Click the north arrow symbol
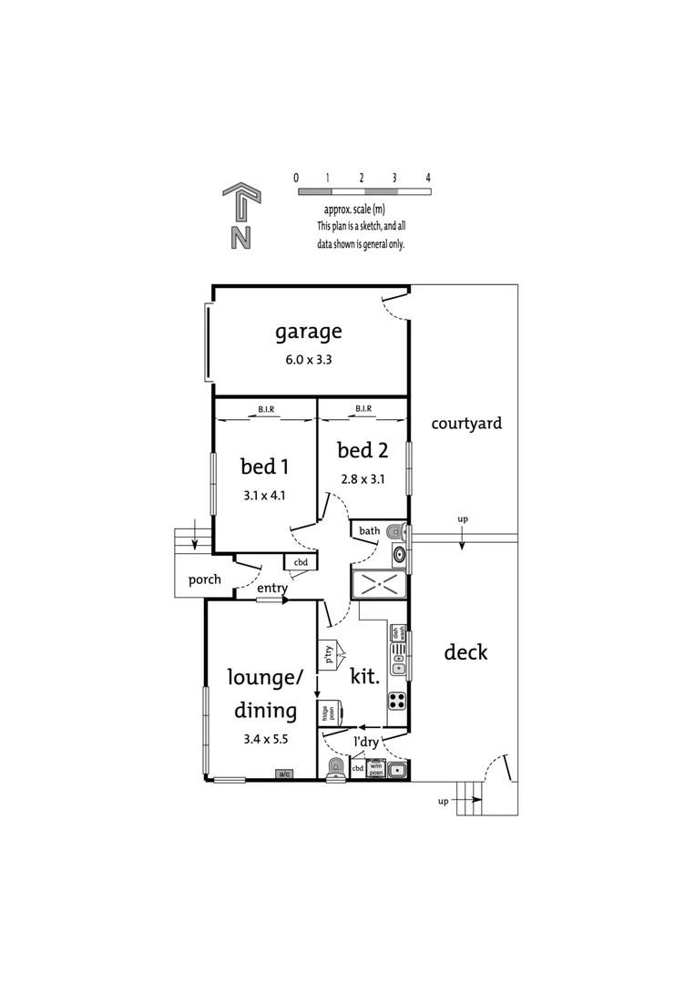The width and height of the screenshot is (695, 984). click(x=240, y=216)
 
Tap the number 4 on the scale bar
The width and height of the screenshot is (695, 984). click(x=427, y=178)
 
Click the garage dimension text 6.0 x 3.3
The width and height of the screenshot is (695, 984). click(x=309, y=360)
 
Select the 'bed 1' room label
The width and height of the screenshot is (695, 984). click(x=264, y=466)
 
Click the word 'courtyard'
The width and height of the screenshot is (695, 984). click(x=466, y=424)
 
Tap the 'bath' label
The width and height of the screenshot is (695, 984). click(x=369, y=530)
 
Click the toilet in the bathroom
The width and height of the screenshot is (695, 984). click(x=394, y=531)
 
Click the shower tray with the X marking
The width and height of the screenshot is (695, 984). click(x=378, y=585)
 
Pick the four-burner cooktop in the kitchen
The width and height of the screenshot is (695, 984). click(x=398, y=701)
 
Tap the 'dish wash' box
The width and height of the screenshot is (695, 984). click(x=397, y=632)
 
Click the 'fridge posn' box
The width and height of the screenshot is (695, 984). click(x=328, y=712)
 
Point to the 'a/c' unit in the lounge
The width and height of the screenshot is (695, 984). click(x=284, y=774)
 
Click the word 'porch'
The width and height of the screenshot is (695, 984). click(x=204, y=579)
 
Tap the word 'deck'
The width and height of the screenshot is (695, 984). click(x=465, y=652)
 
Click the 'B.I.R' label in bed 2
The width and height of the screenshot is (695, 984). click(x=362, y=409)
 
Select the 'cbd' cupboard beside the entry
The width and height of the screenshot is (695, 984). click(x=300, y=563)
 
